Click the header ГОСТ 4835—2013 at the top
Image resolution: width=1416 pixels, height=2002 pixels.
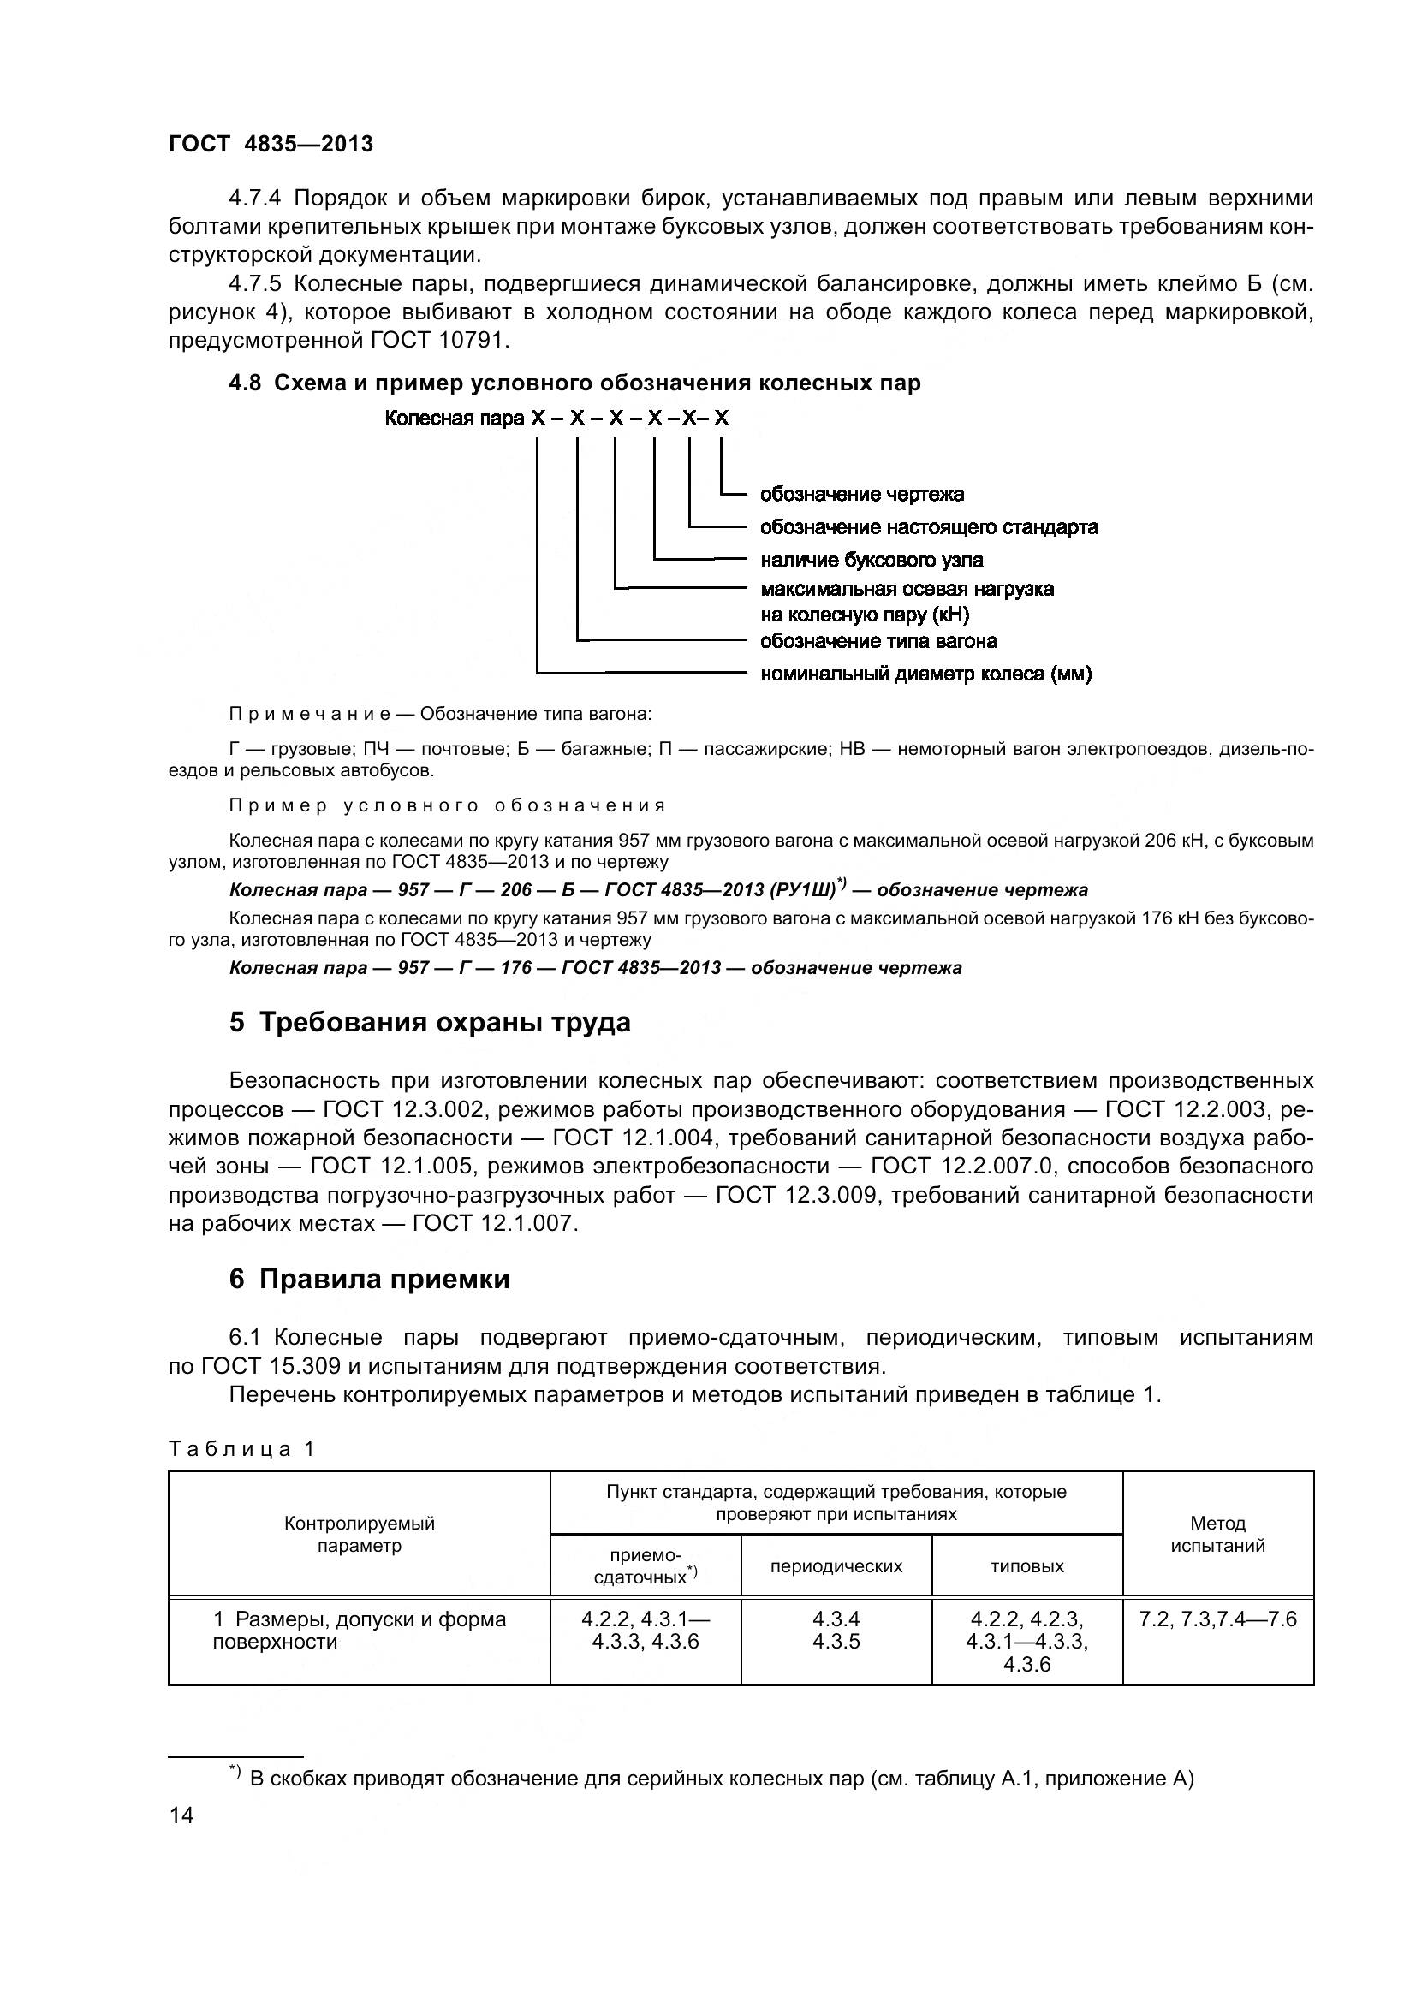[x=271, y=144]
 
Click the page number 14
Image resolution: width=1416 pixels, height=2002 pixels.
[x=181, y=1816]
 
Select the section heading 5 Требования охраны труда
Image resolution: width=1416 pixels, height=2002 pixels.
[x=430, y=1022]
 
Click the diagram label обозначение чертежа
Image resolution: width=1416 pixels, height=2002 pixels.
[x=861, y=495]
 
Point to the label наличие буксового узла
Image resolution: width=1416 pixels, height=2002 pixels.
[x=871, y=560]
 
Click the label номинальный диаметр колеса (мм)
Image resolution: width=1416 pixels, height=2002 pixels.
[x=926, y=674]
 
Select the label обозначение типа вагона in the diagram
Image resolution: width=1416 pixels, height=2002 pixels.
[x=878, y=642]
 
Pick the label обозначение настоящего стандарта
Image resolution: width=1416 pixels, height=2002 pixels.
[x=929, y=527]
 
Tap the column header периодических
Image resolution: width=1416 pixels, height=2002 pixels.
[x=836, y=1567]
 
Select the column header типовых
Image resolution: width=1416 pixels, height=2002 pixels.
[x=1027, y=1567]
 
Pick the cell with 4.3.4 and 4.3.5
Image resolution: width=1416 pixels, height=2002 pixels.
[x=836, y=1631]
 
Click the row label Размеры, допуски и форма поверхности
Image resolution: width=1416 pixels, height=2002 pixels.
[x=360, y=1631]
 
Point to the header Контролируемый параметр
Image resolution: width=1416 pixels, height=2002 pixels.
[x=360, y=1535]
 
